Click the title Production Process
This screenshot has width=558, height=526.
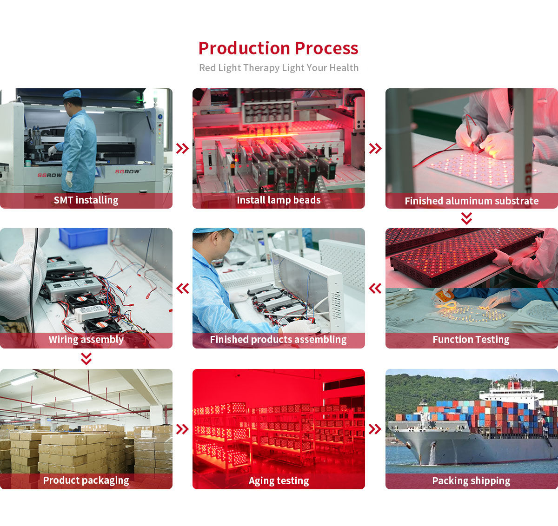tap(278, 48)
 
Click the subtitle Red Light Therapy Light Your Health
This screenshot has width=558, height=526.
tap(279, 68)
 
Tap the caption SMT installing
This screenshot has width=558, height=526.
tap(86, 200)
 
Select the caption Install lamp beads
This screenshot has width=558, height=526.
tap(279, 200)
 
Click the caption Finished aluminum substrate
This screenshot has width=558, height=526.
tap(472, 201)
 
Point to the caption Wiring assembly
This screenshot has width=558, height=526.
tap(86, 340)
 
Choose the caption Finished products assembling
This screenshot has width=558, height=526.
tap(278, 340)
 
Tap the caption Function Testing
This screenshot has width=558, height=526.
tap(471, 340)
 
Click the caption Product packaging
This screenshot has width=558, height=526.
tap(86, 480)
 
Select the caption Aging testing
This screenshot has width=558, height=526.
tap(279, 481)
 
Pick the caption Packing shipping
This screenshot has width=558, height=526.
tap(471, 481)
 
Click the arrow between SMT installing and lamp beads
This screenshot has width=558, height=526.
tap(182, 149)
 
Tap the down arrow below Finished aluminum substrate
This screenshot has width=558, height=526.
tap(466, 218)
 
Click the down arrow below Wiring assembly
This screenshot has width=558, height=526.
tap(86, 359)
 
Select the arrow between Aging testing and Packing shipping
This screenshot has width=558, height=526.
tap(375, 429)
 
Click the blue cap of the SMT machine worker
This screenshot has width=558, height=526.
tap(72, 94)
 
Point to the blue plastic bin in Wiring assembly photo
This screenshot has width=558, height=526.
tap(83, 237)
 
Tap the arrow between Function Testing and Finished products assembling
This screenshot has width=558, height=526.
tap(375, 289)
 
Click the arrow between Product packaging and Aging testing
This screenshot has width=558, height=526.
tap(182, 429)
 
